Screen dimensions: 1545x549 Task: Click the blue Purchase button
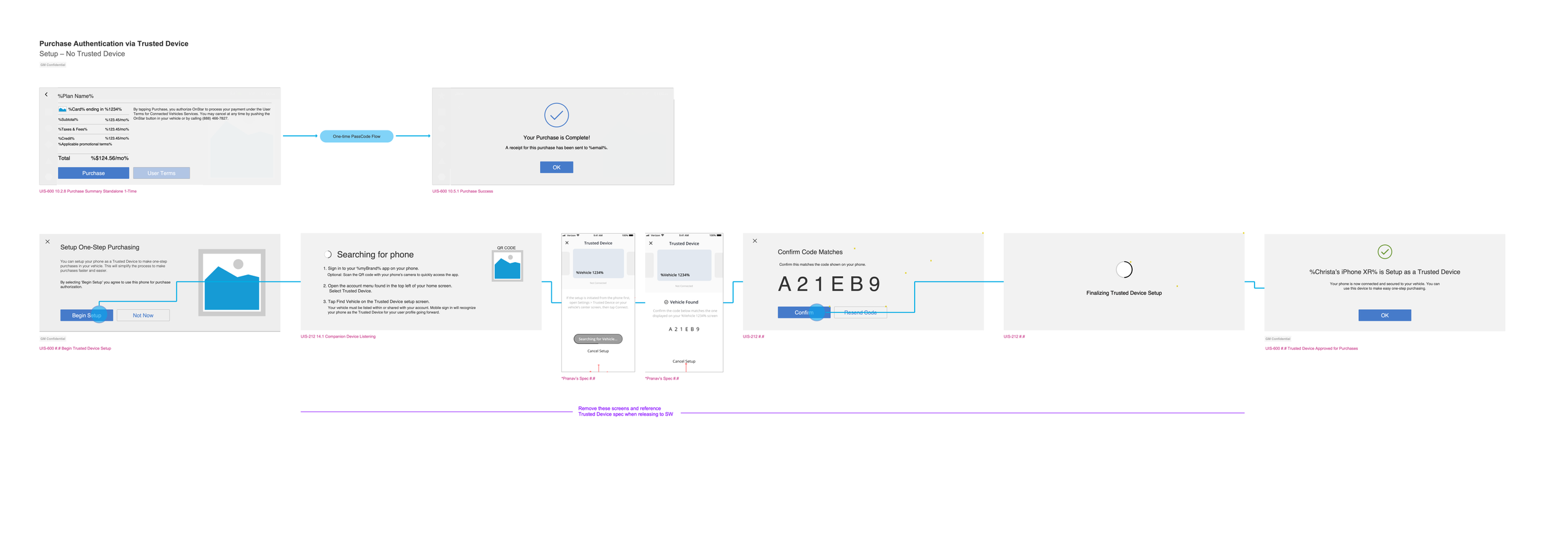click(x=93, y=173)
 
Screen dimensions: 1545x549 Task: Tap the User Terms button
click(x=161, y=173)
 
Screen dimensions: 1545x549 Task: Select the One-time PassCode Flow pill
click(x=357, y=136)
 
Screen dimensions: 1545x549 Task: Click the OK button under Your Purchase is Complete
click(x=556, y=167)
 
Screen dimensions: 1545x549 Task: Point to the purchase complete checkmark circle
click(x=556, y=115)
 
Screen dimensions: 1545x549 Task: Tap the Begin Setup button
click(x=87, y=315)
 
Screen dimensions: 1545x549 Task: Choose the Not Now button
click(x=143, y=315)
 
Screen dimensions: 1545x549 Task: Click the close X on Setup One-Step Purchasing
click(x=48, y=242)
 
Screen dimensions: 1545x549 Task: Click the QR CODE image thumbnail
click(x=507, y=266)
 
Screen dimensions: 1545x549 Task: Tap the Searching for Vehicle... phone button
click(x=598, y=339)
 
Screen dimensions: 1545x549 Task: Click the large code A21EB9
click(x=829, y=284)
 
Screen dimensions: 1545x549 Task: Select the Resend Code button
click(x=860, y=313)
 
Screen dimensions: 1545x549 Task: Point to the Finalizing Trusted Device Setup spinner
click(x=1124, y=270)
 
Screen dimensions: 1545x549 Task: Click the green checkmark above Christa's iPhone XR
click(x=1384, y=252)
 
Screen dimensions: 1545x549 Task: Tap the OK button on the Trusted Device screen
click(x=1384, y=315)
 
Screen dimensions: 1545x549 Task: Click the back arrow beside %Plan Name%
click(x=46, y=95)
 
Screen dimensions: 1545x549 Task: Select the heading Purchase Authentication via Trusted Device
click(x=114, y=44)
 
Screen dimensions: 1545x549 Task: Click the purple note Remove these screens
click(x=625, y=411)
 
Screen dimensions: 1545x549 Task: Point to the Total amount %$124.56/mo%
click(x=109, y=158)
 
